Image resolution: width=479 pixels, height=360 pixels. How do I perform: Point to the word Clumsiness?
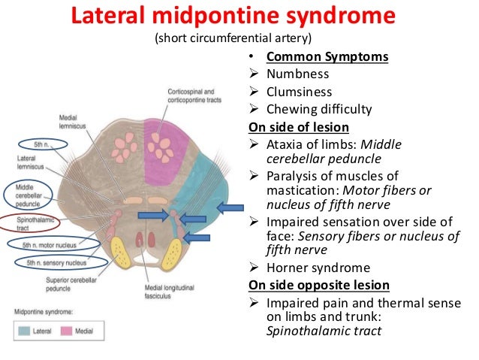(298, 93)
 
